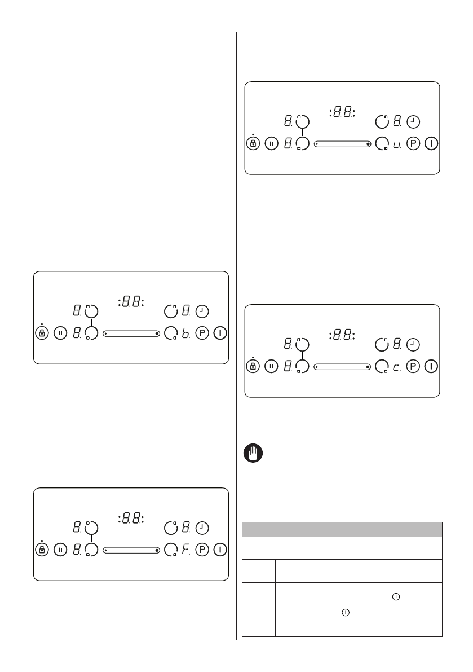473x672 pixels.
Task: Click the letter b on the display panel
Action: (185, 333)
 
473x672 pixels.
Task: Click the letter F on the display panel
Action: (185, 550)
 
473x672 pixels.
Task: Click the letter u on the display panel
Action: (397, 144)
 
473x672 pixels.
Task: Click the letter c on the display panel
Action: (397, 367)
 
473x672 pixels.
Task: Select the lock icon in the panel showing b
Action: (41, 333)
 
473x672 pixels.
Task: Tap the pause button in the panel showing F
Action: (60, 550)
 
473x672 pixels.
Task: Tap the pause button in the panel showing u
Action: (272, 144)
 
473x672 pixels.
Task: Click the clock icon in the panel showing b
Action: (202, 310)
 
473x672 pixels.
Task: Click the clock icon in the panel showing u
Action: (414, 121)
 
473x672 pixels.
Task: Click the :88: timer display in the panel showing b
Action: (131, 302)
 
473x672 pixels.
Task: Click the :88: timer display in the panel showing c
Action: (342, 335)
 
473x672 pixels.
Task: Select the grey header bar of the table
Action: (342, 529)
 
